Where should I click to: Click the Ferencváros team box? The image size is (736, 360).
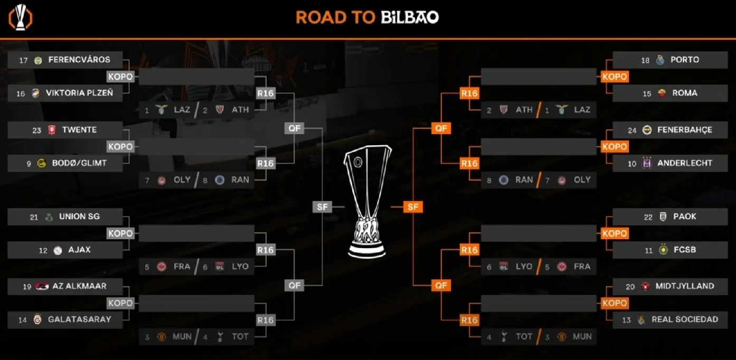point(65,60)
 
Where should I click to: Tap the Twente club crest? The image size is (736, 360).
point(51,130)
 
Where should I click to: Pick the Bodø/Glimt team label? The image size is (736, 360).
point(79,163)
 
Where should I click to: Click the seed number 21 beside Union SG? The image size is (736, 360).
point(34,217)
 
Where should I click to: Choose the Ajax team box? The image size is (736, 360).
point(65,250)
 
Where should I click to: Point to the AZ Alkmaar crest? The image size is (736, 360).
point(42,287)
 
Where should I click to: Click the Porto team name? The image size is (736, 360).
point(685,60)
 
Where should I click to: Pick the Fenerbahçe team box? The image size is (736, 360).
point(670,130)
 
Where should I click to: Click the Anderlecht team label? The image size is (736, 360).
point(685,163)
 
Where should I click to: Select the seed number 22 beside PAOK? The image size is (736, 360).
point(648,217)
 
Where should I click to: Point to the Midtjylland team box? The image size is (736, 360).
point(670,286)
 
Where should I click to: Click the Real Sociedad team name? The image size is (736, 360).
point(685,319)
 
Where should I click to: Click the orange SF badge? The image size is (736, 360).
point(413,207)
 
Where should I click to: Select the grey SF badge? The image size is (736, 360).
point(322,207)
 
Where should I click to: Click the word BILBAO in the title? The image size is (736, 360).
point(410,17)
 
